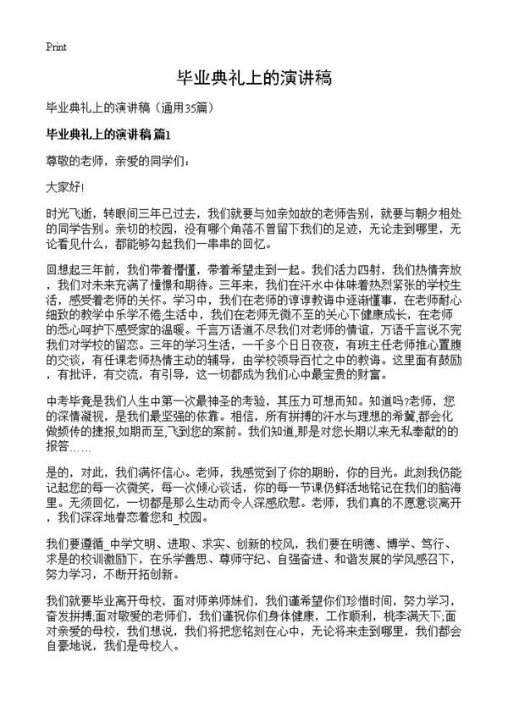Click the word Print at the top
pos(56,46)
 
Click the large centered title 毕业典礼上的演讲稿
pos(253,79)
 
